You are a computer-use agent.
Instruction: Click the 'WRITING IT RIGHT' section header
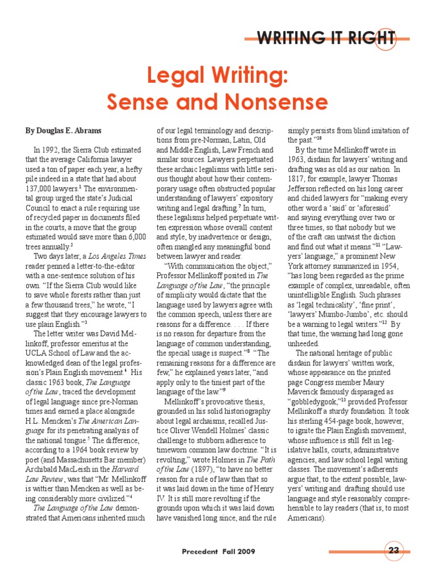click(x=326, y=38)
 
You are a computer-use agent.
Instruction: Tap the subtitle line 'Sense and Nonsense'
click(x=218, y=102)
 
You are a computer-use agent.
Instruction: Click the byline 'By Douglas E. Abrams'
click(x=63, y=130)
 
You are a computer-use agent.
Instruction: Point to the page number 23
click(x=394, y=551)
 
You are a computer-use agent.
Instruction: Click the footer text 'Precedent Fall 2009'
click(x=219, y=551)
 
